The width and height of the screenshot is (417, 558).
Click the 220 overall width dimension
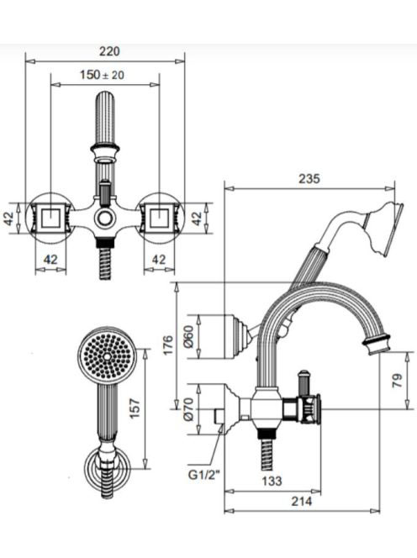click(109, 51)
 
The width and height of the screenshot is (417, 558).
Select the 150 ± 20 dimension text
click(103, 75)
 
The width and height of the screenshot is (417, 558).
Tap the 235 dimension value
click(309, 178)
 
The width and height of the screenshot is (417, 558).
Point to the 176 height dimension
click(168, 345)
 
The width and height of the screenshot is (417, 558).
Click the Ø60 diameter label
click(189, 336)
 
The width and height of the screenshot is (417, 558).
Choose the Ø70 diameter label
click(189, 409)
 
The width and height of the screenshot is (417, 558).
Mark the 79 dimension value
click(398, 381)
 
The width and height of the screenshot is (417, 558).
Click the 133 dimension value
click(272, 482)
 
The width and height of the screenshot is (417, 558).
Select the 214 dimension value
click(302, 501)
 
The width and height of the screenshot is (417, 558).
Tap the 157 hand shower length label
click(135, 409)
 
